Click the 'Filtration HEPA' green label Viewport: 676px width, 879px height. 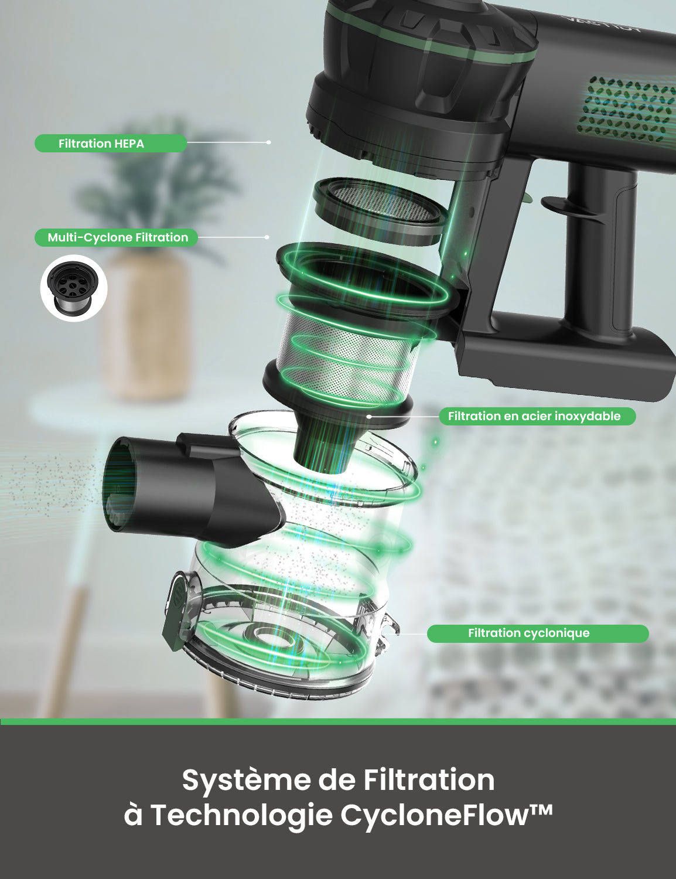[x=110, y=144]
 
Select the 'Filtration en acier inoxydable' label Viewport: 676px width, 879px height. [x=537, y=416]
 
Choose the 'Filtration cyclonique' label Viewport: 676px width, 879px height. [x=537, y=633]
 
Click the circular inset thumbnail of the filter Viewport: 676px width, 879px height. [x=74, y=288]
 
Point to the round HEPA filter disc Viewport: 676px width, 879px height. [x=380, y=209]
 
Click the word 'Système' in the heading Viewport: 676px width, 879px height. [x=246, y=780]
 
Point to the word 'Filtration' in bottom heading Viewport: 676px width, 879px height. [x=429, y=780]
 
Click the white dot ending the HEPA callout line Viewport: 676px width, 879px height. [x=268, y=142]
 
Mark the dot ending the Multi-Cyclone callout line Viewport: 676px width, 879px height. [x=267, y=237]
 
